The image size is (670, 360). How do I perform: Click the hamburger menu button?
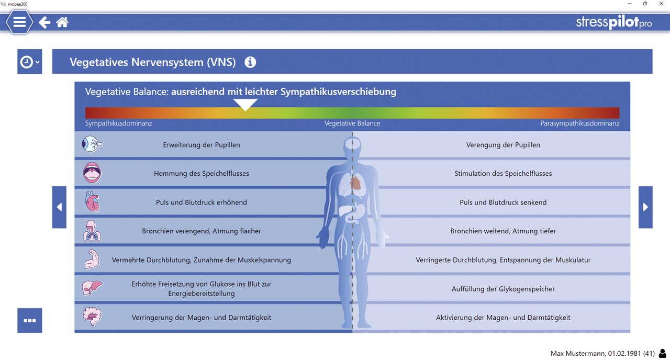[x=19, y=22]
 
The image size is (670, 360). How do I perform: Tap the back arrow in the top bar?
[x=44, y=22]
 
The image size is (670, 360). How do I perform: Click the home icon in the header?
[x=62, y=22]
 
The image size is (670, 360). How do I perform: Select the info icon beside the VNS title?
[x=250, y=62]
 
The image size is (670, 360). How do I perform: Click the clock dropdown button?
[x=29, y=62]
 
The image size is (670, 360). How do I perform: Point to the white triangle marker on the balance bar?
[x=245, y=105]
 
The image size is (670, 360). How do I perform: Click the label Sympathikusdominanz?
[x=119, y=123]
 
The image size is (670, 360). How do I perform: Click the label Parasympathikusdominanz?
[x=579, y=123]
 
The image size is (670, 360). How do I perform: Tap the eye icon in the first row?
[x=92, y=144]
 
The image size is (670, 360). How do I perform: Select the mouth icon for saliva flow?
[x=92, y=173]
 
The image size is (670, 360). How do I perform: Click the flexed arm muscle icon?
[x=92, y=260]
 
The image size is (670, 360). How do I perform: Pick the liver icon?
[x=92, y=288]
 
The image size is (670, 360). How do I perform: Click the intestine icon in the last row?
[x=92, y=317]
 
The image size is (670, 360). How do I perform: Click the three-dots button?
[x=29, y=320]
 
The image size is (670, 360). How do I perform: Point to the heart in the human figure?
[x=355, y=183]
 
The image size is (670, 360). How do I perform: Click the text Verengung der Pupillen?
[x=503, y=145]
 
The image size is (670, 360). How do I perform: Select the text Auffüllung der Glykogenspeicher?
[x=503, y=289]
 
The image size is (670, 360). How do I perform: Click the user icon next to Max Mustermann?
[x=663, y=354]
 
